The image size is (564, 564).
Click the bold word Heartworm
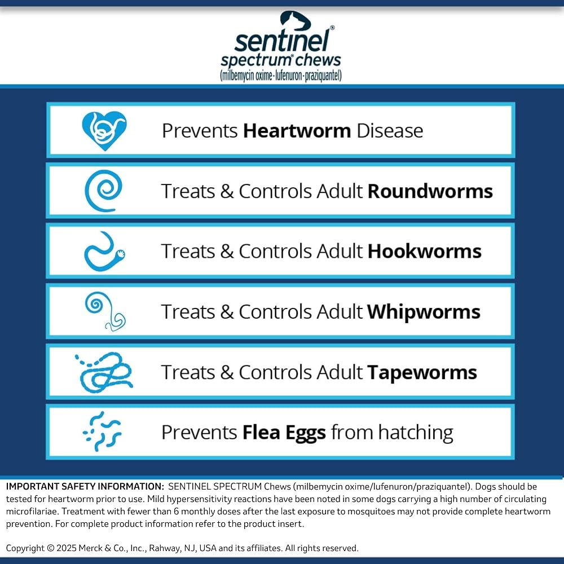point(297,131)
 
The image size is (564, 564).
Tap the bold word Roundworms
point(430,191)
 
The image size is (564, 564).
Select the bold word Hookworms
point(425,251)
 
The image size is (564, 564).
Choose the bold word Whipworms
point(424,311)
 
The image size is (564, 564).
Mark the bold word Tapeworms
point(422,372)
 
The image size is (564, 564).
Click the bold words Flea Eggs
point(284,433)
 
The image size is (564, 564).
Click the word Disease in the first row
point(390,131)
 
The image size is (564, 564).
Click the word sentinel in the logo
point(281,40)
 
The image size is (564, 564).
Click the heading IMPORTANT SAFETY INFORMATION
point(85,486)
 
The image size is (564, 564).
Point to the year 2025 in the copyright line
point(66,548)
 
